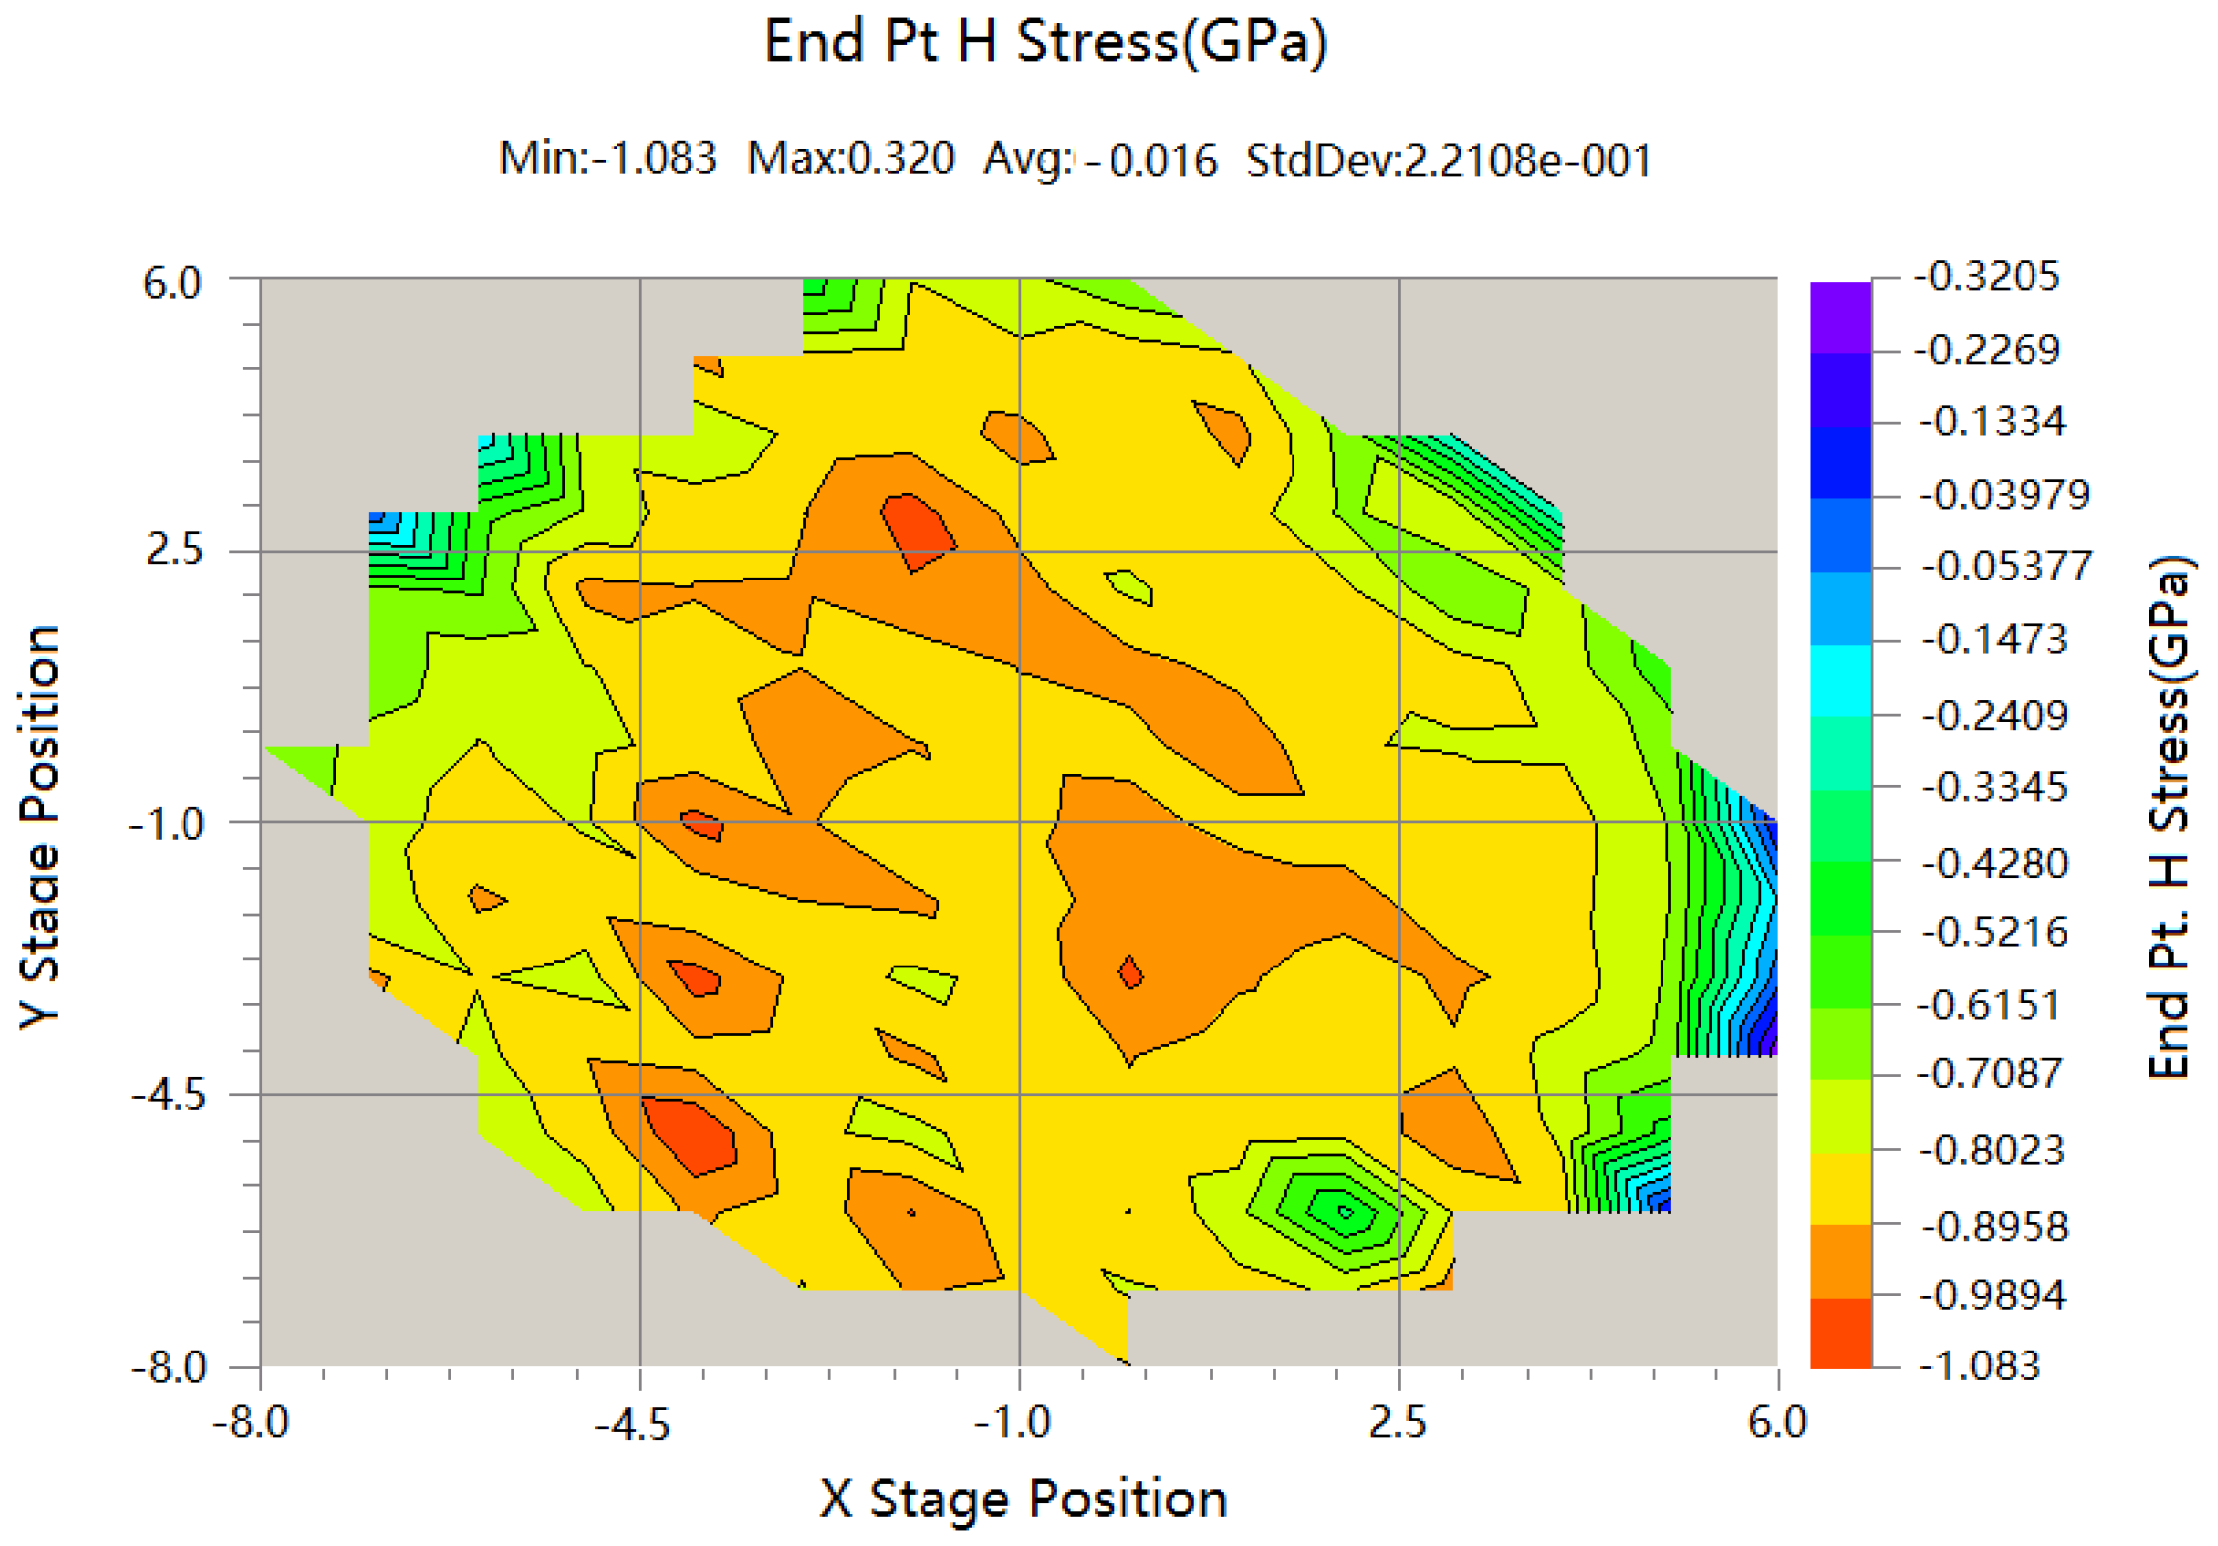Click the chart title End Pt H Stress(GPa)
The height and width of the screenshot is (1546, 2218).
coord(1045,42)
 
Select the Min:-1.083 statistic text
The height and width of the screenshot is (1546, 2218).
coord(607,158)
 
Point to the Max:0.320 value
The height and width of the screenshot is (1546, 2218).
coord(851,158)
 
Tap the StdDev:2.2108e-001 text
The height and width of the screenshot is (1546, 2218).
coord(1448,160)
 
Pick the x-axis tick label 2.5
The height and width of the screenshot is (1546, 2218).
coord(1398,1423)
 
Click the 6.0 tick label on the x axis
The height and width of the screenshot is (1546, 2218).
coord(1777,1423)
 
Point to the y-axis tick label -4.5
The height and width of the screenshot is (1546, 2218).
coord(169,1096)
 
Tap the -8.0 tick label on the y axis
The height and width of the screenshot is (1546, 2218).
coord(169,1367)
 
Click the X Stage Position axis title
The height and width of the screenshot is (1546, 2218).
coord(1022,1499)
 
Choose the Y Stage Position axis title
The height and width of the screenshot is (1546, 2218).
coord(40,827)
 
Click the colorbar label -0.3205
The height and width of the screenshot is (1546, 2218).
coord(1987,277)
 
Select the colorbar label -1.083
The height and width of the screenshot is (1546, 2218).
coord(1980,1365)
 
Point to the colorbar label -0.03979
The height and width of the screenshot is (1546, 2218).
coord(2005,495)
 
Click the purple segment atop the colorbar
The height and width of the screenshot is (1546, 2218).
coord(1840,317)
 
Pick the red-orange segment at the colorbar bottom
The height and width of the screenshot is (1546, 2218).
coord(1840,1333)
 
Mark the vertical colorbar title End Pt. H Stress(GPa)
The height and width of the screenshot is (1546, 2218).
coord(2170,817)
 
